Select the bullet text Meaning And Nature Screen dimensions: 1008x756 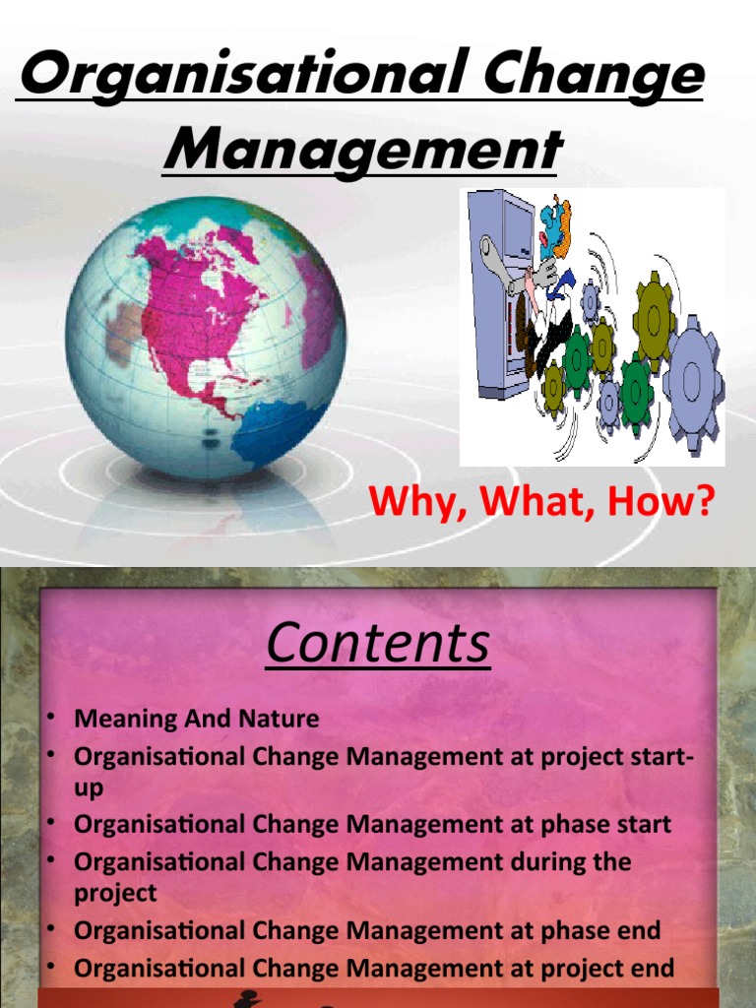(197, 719)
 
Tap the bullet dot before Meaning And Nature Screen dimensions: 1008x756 (48, 717)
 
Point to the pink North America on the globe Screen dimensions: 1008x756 (197, 305)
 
